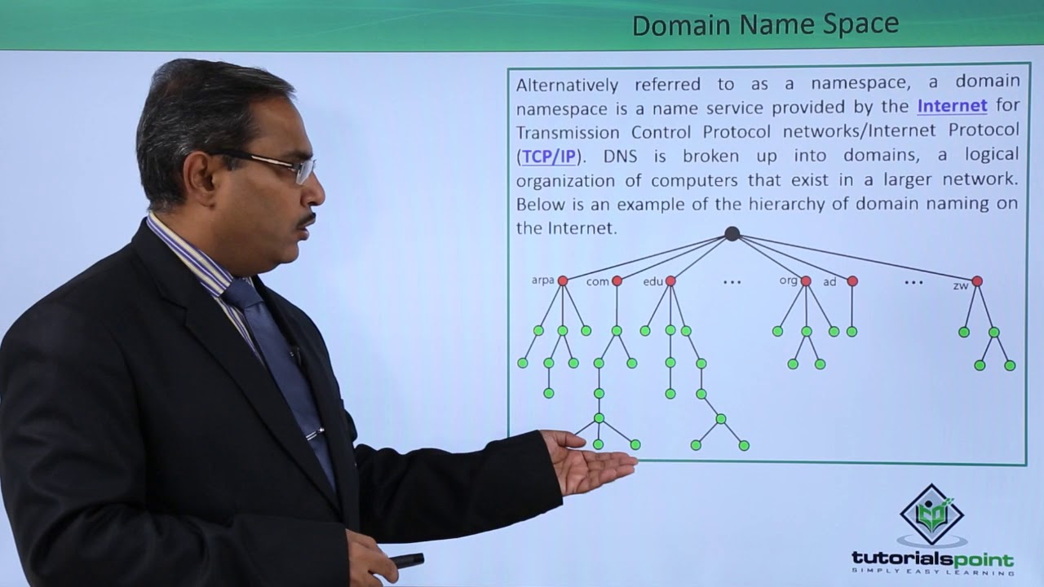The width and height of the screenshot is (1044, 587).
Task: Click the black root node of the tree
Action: pos(732,234)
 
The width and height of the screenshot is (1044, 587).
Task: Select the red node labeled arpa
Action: pos(562,280)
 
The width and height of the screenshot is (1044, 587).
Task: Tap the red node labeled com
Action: pos(617,280)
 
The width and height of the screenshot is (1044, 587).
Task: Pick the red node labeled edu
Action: pos(670,280)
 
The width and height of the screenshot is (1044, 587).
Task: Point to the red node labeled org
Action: pos(806,280)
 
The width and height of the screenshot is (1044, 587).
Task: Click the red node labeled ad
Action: pos(852,280)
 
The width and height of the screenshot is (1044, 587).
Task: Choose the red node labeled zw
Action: pos(977,280)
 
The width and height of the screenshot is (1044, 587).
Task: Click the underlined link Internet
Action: pos(952,105)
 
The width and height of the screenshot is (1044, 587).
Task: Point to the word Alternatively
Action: pos(567,82)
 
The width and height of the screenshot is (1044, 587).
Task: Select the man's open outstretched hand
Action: pos(591,461)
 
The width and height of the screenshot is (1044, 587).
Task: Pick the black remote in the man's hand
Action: pos(405,560)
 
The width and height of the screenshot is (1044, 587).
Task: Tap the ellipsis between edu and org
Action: pos(732,282)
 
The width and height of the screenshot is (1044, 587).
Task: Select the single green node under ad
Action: pos(852,332)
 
